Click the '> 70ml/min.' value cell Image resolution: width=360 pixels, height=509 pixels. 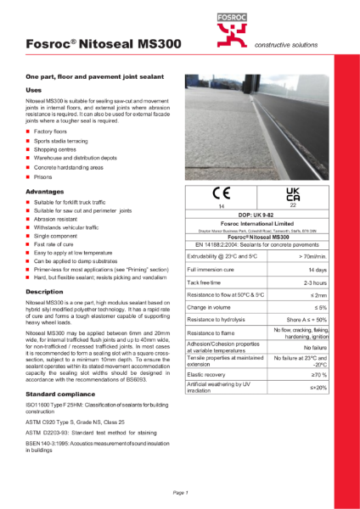pos(307,255)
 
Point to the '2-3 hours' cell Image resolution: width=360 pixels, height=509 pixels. pos(312,282)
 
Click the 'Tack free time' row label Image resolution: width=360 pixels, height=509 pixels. pos(206,282)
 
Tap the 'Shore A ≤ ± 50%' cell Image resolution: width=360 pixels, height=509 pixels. pos(303,318)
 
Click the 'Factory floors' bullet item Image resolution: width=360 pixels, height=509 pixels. pos(52,134)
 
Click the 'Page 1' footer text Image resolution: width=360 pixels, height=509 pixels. pos(180,492)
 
